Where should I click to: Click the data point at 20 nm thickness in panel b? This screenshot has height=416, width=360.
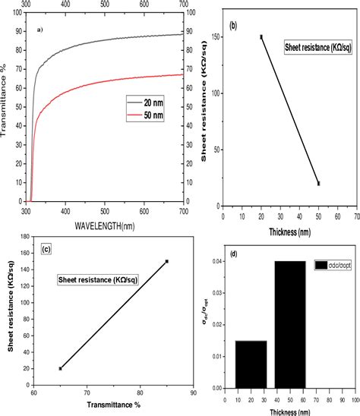pyautogui.click(x=261, y=36)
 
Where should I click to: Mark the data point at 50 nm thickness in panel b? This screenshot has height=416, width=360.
pyautogui.click(x=319, y=183)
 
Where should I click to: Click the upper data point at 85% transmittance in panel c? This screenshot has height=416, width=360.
pyautogui.click(x=167, y=261)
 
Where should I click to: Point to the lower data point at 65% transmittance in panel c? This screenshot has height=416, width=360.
pyautogui.click(x=60, y=368)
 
